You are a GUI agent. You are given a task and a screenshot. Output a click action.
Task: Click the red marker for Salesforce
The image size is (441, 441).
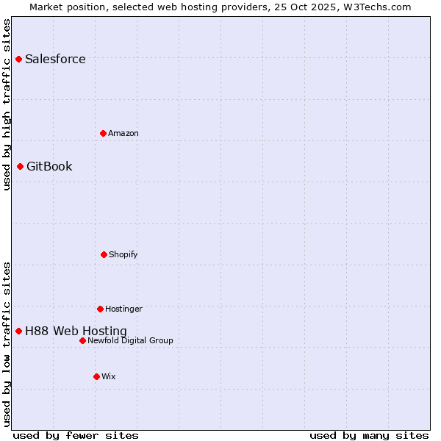coord(18,59)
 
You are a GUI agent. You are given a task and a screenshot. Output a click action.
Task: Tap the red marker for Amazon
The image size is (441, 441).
coord(103,133)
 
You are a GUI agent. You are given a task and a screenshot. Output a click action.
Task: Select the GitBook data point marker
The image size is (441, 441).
coord(20,166)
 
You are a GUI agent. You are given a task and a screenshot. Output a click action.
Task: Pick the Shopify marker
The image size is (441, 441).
coord(104,254)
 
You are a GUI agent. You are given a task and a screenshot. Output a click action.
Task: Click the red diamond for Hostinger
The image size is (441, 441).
coord(100,309)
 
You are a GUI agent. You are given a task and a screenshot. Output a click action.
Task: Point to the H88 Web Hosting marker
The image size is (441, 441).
coord(18,331)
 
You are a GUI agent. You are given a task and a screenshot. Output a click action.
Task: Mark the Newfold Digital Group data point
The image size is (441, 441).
coord(82,340)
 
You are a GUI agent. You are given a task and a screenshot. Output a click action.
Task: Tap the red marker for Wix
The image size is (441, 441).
coord(96,376)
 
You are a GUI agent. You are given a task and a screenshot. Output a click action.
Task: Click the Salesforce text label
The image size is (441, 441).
coord(55,60)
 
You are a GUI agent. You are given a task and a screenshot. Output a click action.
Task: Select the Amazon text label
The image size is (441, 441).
coord(123,134)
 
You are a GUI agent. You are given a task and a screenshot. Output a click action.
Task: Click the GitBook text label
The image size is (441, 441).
coord(49,167)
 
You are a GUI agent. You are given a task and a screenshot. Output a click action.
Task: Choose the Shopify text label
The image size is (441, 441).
coord(123,255)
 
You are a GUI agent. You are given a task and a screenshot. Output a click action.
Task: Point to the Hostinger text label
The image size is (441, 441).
coord(123,309)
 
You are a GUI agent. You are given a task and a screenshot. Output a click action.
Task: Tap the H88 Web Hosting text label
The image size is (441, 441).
coord(76,331)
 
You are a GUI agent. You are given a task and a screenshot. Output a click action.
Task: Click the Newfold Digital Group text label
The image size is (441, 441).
coord(130,341)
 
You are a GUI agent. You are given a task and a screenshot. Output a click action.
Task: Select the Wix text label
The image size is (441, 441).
coord(109,377)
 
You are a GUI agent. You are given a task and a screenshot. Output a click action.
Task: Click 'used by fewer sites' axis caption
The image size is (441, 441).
coord(76,436)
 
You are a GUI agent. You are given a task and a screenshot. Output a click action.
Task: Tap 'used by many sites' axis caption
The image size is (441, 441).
coord(369,436)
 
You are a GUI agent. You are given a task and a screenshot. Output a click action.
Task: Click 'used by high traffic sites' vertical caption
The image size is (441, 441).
coord(7,104)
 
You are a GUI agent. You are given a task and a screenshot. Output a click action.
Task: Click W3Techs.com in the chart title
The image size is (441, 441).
coord(376,7)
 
